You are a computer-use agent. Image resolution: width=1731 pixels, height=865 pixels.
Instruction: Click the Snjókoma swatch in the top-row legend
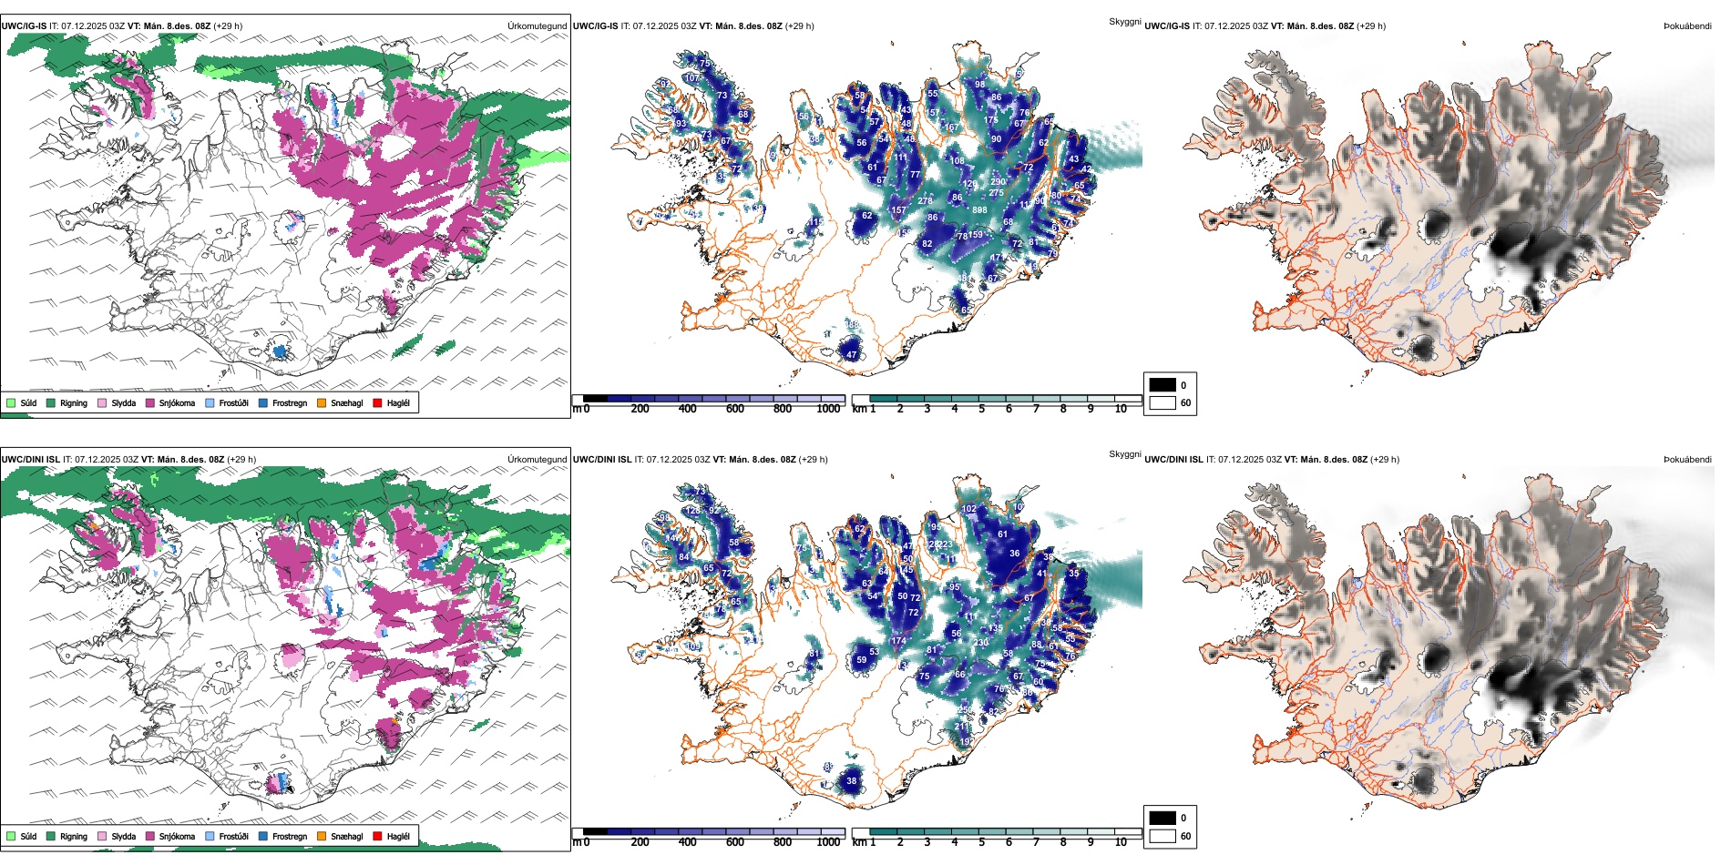point(150,402)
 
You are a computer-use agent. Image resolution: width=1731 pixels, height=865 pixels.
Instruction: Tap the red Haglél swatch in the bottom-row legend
point(377,836)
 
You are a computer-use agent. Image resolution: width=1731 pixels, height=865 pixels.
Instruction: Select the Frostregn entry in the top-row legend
point(290,402)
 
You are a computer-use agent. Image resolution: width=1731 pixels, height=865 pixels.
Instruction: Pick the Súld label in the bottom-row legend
point(28,836)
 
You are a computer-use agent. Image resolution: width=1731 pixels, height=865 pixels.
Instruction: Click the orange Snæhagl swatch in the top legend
point(322,402)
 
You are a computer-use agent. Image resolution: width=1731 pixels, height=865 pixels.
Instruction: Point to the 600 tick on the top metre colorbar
point(735,409)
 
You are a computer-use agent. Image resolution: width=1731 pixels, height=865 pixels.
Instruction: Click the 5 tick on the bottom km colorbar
point(982,842)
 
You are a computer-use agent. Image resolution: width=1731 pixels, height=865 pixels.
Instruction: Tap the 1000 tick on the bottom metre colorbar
point(828,842)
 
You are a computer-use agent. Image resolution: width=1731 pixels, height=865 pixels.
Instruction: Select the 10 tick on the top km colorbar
point(1121,409)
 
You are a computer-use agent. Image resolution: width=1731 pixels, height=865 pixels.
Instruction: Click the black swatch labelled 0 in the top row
point(1163,384)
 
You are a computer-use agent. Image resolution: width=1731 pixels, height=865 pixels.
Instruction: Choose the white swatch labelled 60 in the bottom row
point(1163,836)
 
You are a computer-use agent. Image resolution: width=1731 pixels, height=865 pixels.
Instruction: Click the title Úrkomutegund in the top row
point(538,26)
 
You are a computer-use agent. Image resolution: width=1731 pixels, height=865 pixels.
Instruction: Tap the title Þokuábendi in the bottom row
point(1687,460)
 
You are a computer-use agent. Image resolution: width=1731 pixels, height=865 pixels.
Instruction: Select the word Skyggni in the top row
point(1124,22)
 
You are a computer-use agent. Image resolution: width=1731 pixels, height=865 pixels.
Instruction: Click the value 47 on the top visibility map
point(852,355)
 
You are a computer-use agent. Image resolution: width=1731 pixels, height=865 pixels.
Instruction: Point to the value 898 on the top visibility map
point(979,210)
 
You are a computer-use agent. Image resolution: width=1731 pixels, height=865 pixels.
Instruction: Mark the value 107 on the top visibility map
point(692,78)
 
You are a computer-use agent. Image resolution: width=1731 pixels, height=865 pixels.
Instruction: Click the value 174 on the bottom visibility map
point(899,641)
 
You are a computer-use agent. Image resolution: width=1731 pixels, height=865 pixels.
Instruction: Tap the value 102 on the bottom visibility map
point(969,510)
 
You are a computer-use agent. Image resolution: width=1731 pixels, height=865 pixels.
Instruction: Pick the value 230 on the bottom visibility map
point(981,643)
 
